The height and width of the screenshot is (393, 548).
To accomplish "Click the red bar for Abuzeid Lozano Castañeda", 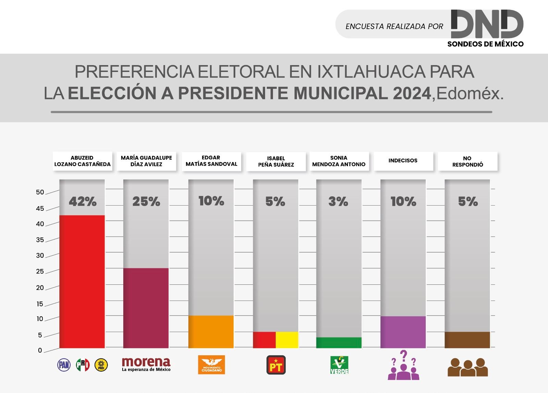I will point(82,281).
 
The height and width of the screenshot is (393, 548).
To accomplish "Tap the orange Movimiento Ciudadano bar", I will point(211,331).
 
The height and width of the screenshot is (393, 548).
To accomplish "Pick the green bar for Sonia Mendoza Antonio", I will point(339,343).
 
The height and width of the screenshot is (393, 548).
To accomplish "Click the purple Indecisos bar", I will point(403,332).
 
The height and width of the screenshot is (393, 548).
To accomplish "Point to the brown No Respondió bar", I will point(467,340).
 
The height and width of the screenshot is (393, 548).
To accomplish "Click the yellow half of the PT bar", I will point(287,340).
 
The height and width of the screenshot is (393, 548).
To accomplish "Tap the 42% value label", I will point(83,201).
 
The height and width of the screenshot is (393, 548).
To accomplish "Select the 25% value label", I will point(146,201).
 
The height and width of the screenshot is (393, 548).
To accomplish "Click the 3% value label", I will point(338,201).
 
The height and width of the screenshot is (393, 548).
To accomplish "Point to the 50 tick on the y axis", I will point(40,192).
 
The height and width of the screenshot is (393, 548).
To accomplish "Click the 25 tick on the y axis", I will point(40,272).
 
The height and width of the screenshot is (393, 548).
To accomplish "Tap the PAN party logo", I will point(64,365).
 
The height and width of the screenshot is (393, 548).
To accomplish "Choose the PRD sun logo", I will point(101,365).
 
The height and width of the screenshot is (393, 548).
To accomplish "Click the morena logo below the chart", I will point(146,364).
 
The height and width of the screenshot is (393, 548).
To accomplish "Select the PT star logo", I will point(276,365).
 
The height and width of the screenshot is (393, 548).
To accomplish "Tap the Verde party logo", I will point(339,365).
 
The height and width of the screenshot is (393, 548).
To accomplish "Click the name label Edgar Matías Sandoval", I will point(211,161).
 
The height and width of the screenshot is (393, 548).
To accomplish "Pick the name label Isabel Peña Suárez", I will point(276,161).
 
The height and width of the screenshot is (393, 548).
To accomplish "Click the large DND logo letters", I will point(487,24).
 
